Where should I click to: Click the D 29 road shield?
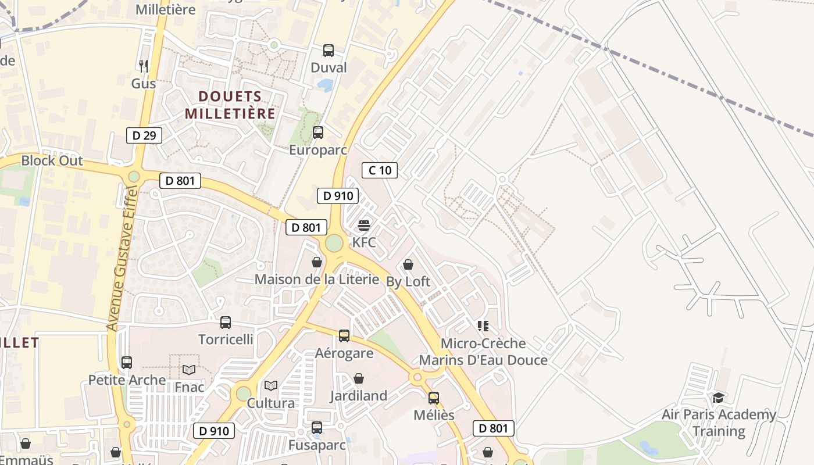click(x=144, y=136)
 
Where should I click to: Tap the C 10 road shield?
click(x=380, y=170)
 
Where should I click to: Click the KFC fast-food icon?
click(x=364, y=226)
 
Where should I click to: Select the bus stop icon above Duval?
click(x=329, y=51)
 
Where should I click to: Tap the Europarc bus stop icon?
click(x=318, y=133)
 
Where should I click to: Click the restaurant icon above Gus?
click(x=144, y=66)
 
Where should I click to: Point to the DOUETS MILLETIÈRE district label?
click(x=230, y=105)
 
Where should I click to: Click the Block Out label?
click(x=52, y=161)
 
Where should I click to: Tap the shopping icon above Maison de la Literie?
click(x=317, y=262)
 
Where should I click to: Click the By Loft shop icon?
click(x=408, y=265)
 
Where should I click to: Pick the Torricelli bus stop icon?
click(x=226, y=322)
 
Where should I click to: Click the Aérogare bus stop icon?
click(x=344, y=335)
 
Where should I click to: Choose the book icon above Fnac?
click(x=190, y=370)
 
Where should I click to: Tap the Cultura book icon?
click(x=271, y=385)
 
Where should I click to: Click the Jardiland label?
click(x=358, y=396)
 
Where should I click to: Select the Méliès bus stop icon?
click(x=434, y=398)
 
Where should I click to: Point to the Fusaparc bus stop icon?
click(x=317, y=428)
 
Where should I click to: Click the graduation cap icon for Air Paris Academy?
click(x=719, y=398)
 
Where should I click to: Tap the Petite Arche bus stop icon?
click(x=127, y=363)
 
